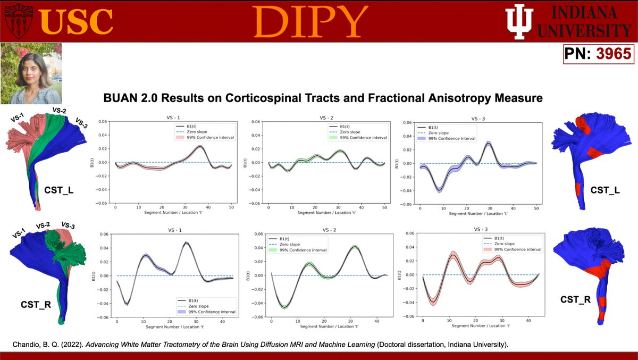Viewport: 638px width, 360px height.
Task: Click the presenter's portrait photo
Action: click(31, 74)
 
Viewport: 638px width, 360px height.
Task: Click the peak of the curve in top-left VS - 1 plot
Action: click(199, 146)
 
